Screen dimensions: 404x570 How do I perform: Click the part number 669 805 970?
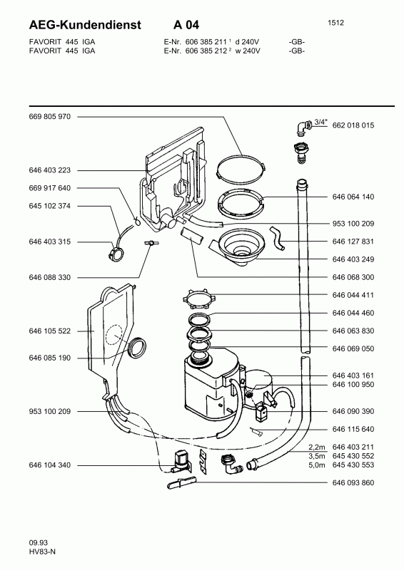(49, 117)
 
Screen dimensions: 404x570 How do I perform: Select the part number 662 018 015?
(353, 125)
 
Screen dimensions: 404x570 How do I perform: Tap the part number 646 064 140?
(353, 197)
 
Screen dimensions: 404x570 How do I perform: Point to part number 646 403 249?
(353, 259)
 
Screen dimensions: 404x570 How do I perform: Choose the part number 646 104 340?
(49, 465)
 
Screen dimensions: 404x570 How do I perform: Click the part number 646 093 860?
(353, 483)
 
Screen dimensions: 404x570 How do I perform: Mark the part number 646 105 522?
(49, 331)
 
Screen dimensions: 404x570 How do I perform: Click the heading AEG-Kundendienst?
(85, 25)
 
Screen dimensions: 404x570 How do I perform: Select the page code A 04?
(186, 25)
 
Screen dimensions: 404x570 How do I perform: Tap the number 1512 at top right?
(335, 23)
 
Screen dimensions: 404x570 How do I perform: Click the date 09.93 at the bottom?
(39, 543)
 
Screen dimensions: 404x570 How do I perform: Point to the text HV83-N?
(42, 551)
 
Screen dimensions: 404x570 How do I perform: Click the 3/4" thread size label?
(320, 122)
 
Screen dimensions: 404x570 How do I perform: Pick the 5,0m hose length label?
(317, 465)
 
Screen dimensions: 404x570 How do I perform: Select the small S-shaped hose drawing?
(277, 238)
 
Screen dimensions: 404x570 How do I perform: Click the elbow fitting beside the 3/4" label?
(303, 128)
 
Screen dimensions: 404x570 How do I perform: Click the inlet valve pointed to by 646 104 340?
(182, 461)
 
